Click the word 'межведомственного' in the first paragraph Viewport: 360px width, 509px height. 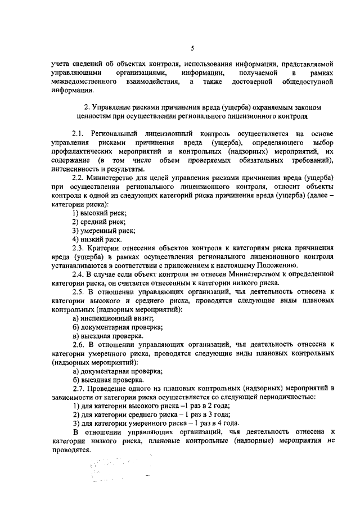coord(84,83)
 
